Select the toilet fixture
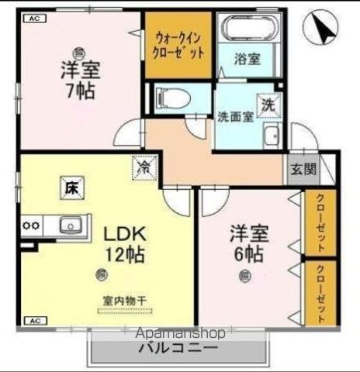point(171,99)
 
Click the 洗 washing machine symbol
point(268,104)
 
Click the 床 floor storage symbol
point(70,187)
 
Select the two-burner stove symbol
point(32,226)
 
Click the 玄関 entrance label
point(304,169)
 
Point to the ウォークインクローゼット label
point(178,45)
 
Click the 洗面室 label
point(234,119)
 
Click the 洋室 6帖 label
point(247,243)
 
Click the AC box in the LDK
point(34,319)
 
